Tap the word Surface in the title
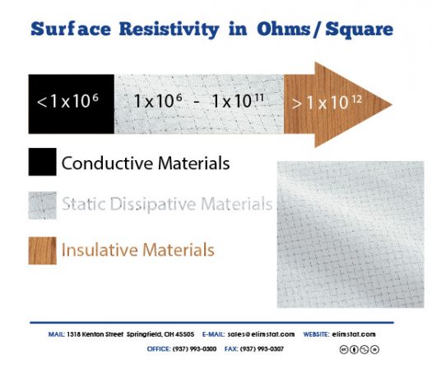pos(62,30)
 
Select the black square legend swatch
pos(42,163)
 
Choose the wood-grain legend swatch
pos(42,248)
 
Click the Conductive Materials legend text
pos(145,163)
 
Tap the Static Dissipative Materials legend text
pos(166,204)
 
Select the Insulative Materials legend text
pos(137,249)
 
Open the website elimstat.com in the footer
pos(354,334)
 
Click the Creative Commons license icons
pos(359,348)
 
